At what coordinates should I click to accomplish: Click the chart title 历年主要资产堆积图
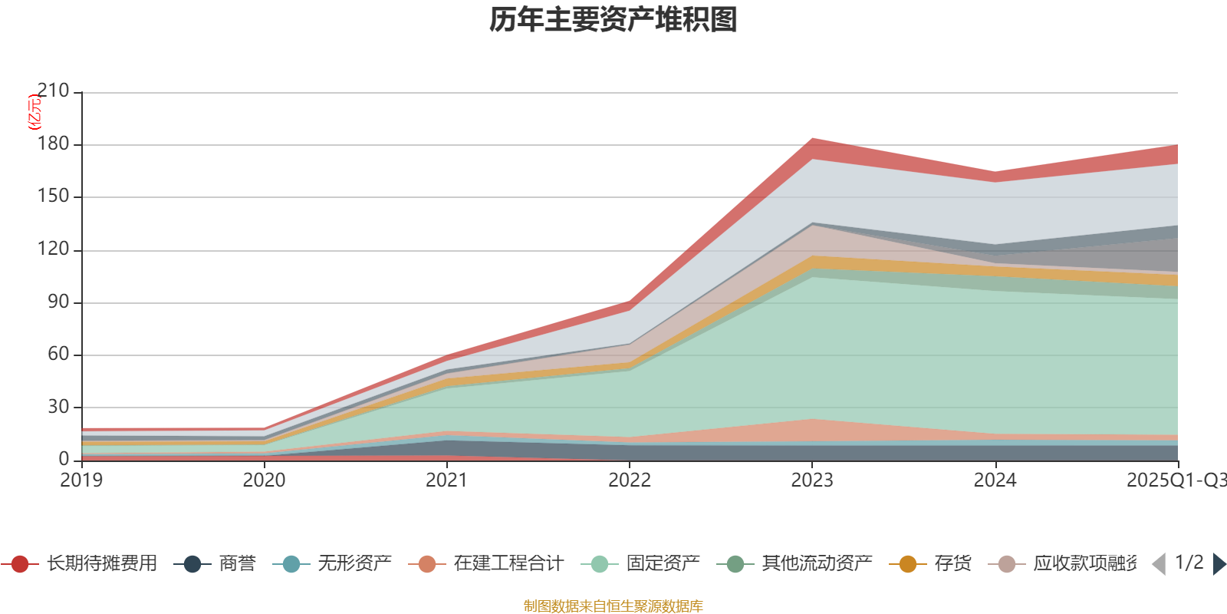613,20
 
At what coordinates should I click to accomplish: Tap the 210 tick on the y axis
53,91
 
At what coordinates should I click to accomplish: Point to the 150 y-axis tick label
53,196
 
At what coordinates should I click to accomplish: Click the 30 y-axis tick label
58,407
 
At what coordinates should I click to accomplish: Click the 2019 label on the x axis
81,480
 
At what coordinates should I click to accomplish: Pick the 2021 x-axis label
446,480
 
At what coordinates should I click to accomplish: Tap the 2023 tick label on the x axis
812,480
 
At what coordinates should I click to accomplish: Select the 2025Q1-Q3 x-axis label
1176,480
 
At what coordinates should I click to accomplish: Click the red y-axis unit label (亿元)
35,112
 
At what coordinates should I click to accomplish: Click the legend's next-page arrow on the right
1219,564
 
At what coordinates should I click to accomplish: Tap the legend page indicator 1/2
1189,563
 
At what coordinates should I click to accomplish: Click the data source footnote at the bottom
613,606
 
